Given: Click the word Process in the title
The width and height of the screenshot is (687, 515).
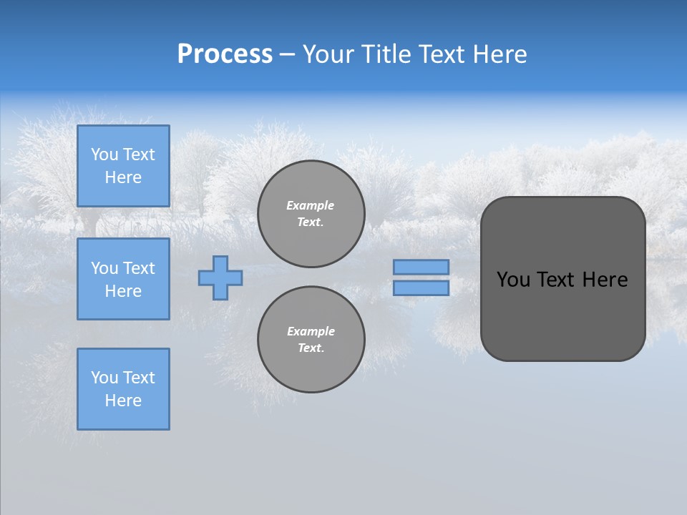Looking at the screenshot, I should pyautogui.click(x=225, y=54).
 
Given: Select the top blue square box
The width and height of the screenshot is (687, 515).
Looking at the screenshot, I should pyautogui.click(x=123, y=166).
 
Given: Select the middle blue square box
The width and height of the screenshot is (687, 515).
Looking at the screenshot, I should pyautogui.click(x=123, y=279).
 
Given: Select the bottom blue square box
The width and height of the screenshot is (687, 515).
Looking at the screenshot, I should pyautogui.click(x=123, y=389).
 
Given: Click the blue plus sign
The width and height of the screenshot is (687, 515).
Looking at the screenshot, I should pyautogui.click(x=220, y=278).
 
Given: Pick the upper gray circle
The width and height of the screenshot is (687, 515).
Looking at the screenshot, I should pyautogui.click(x=311, y=214).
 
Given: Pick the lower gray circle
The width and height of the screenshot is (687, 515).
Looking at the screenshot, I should pyautogui.click(x=311, y=340).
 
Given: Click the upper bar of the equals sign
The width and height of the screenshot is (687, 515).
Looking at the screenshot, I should pyautogui.click(x=422, y=267).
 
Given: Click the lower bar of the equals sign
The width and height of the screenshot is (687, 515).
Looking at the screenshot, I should pyautogui.click(x=422, y=288).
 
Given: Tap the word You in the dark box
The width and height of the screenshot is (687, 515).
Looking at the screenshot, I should pyautogui.click(x=513, y=280).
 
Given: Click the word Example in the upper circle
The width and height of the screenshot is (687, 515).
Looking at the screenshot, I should pyautogui.click(x=310, y=205).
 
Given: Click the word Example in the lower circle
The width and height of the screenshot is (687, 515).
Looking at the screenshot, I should pyautogui.click(x=311, y=331).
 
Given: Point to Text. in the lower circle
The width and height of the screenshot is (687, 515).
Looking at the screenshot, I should pyautogui.click(x=311, y=348).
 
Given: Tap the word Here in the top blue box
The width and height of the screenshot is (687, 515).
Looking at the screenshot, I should pyautogui.click(x=123, y=177).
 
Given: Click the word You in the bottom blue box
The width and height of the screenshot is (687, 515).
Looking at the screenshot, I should pyautogui.click(x=104, y=378).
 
